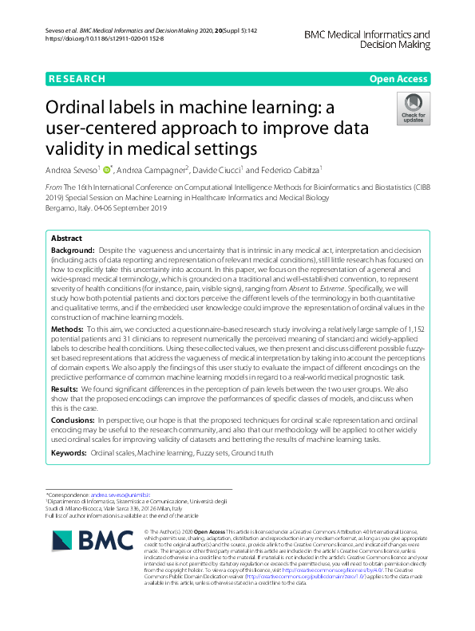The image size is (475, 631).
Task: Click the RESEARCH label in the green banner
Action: pyautogui.click(x=77, y=79)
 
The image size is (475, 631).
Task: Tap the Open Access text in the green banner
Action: pyautogui.click(x=398, y=79)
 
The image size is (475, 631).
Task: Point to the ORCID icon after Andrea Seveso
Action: pyautogui.click(x=107, y=169)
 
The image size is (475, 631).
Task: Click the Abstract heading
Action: pyautogui.click(x=65, y=239)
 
